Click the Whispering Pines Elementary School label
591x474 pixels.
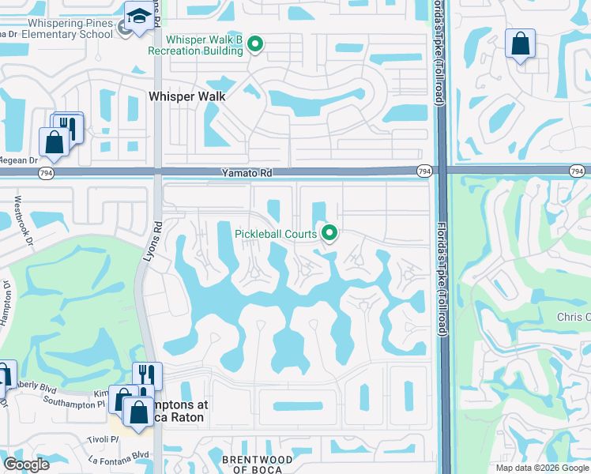coord(58,29)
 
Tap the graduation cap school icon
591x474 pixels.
coord(137,17)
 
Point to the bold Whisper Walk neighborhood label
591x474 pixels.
coord(187,96)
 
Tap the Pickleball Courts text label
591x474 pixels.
coord(275,233)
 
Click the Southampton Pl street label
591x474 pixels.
coord(78,403)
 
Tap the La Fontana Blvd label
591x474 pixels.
coord(119,454)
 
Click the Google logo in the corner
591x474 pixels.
coord(26,464)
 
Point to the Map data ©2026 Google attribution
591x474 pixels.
coord(541,468)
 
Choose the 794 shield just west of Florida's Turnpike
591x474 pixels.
coord(424,171)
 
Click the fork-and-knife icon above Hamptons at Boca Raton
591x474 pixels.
coord(147,375)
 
